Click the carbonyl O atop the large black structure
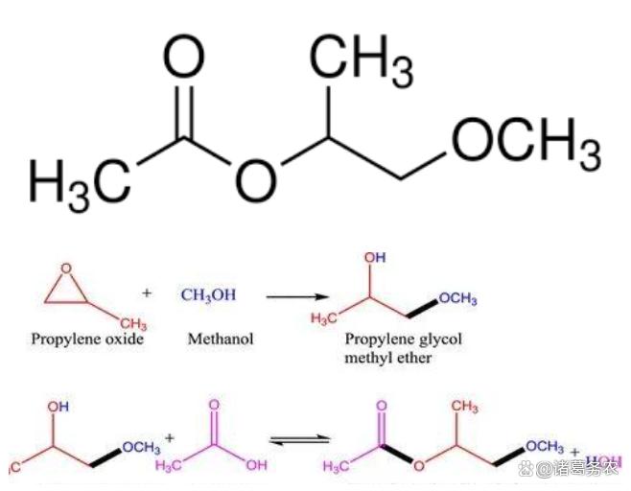182,59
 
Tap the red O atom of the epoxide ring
64,270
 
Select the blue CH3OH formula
208,294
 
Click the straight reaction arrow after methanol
297,296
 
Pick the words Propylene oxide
87,339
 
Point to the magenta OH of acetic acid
256,466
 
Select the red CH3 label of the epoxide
133,323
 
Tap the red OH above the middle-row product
375,259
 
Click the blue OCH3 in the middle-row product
458,298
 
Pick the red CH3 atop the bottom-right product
465,407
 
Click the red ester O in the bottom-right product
418,469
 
